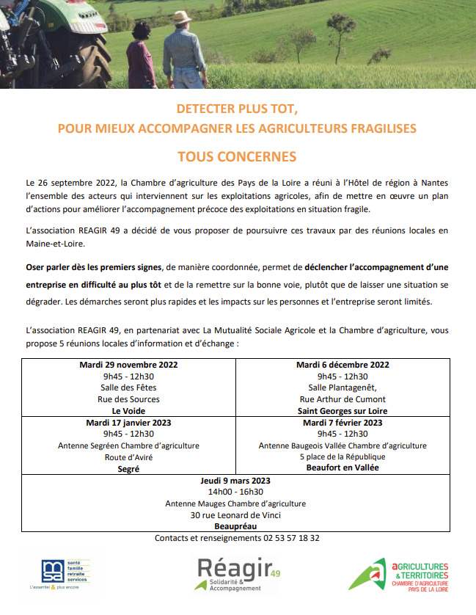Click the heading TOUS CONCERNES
click(x=237, y=156)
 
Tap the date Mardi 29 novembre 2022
click(x=128, y=365)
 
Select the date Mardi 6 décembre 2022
click(x=343, y=365)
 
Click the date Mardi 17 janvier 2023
click(x=128, y=423)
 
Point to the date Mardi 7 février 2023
click(x=343, y=423)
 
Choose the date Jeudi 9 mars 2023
click(x=235, y=481)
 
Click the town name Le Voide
click(x=128, y=411)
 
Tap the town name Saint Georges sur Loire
click(x=343, y=411)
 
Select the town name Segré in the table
click(x=128, y=468)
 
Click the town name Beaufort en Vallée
click(x=343, y=468)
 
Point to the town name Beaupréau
click(x=235, y=526)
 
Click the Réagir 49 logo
click(x=236, y=573)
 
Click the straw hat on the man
click(x=181, y=17)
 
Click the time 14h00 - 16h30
click(x=235, y=492)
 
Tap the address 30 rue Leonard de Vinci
click(x=235, y=515)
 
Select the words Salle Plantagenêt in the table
click(x=343, y=387)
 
